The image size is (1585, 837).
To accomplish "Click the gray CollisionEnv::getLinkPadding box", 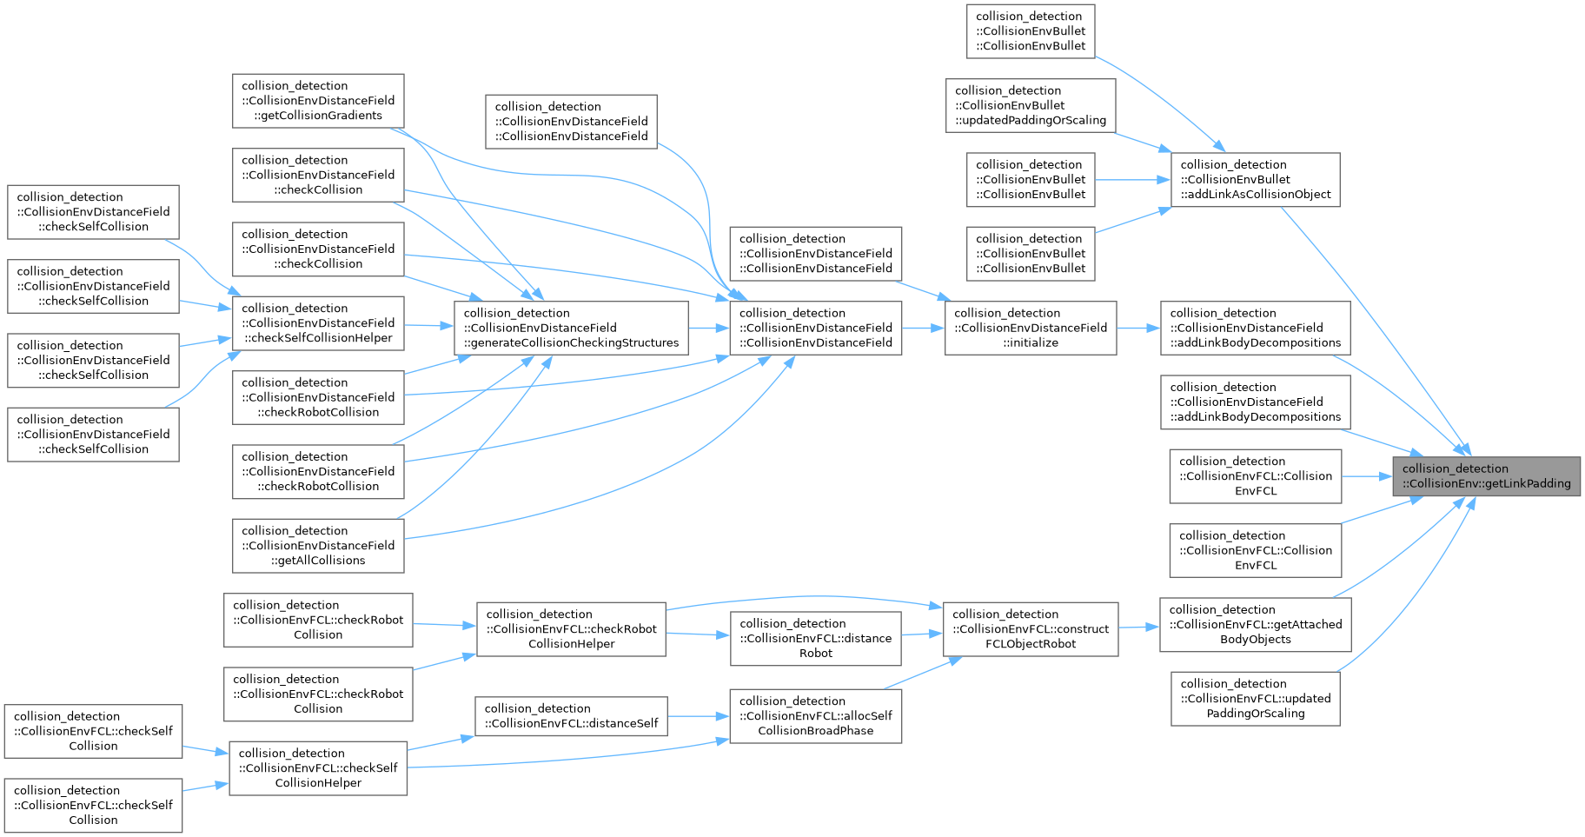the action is [x=1486, y=476].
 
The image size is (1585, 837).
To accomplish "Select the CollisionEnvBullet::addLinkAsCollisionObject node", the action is [x=1256, y=180].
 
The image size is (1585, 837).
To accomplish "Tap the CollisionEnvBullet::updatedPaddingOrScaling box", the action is [x=1031, y=106].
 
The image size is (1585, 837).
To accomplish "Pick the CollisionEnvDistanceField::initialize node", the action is [x=1031, y=328].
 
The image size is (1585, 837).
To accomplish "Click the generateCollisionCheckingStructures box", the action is [x=571, y=328].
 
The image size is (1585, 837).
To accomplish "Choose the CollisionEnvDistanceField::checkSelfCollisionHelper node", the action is [x=318, y=323].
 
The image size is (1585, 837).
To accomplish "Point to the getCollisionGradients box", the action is [x=318, y=101].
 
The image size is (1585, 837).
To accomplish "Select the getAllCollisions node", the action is [x=318, y=546].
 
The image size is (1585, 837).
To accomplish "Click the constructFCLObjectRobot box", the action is [x=1031, y=629].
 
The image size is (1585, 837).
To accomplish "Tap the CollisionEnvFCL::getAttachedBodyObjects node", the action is [x=1256, y=624].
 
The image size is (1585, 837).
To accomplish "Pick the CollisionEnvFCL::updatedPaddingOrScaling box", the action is [x=1256, y=699].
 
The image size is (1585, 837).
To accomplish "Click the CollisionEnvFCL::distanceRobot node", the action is [x=816, y=639].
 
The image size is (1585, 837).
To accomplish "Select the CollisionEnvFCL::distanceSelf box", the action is [x=571, y=716].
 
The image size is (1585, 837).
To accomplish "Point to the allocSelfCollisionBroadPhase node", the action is [x=816, y=716].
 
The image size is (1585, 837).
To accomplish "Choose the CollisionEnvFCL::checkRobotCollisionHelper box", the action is [x=571, y=629].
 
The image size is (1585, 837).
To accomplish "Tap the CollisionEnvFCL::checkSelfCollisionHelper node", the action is [x=318, y=768].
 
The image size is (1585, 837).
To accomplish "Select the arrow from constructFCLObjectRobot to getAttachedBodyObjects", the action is [x=1139, y=627].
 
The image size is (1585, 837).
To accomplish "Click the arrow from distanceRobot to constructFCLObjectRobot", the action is [x=923, y=634].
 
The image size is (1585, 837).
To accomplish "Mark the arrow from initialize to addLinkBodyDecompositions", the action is [x=1138, y=328].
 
